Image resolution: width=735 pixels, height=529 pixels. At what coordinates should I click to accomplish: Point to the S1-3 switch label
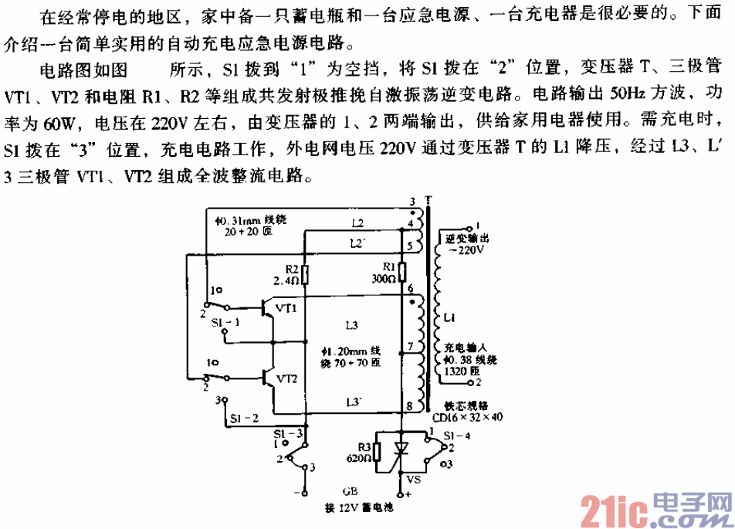(x=288, y=432)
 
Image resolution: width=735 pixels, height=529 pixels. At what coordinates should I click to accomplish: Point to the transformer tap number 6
(x=411, y=288)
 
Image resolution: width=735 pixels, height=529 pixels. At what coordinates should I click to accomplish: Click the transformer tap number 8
(x=411, y=405)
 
